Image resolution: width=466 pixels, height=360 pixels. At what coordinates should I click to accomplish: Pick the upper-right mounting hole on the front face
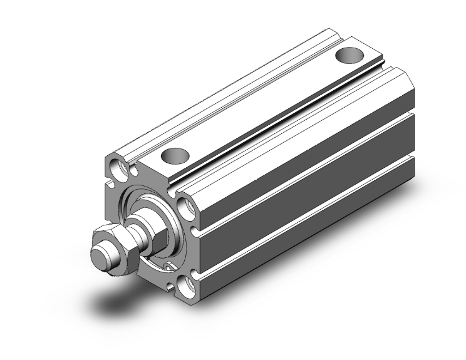187,207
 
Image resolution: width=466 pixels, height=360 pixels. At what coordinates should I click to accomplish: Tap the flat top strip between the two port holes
263,103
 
